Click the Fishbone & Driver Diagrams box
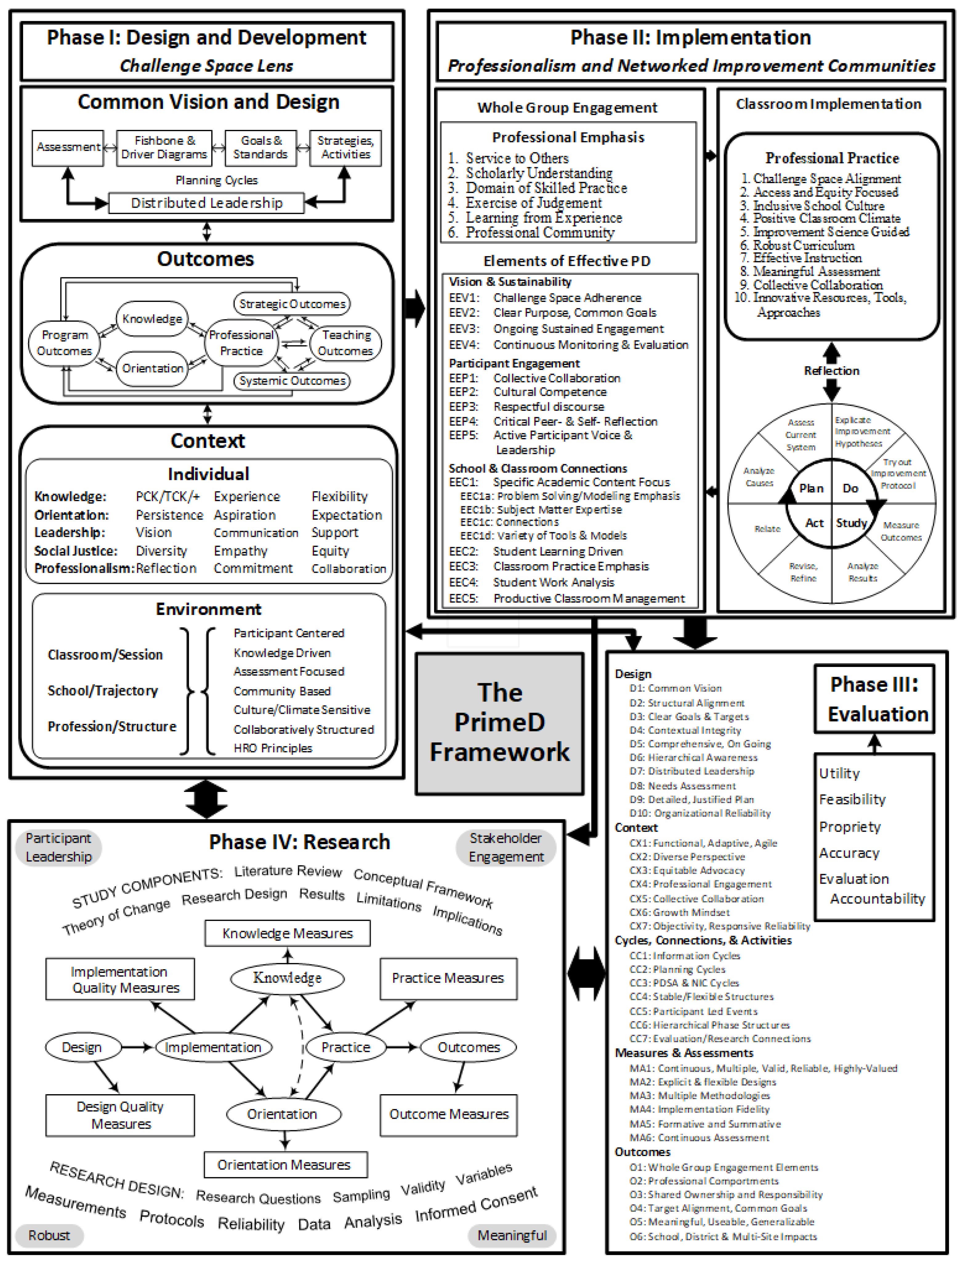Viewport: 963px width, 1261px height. click(164, 148)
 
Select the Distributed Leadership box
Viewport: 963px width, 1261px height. click(206, 203)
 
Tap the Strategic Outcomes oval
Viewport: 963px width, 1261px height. click(292, 304)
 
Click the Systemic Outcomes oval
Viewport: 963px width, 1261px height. click(292, 381)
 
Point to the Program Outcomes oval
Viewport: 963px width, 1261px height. click(64, 343)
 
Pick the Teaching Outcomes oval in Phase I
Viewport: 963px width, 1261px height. click(346, 343)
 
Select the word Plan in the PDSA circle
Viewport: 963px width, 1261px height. click(811, 488)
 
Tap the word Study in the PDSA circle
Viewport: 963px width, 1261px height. click(851, 523)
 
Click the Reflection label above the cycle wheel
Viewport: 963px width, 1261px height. click(831, 371)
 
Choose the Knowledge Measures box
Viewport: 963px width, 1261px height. click(287, 933)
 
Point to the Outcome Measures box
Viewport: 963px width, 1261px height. click(448, 1114)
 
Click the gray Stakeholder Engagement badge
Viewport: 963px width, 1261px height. click(506, 847)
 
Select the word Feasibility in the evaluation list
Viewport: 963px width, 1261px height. click(852, 799)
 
